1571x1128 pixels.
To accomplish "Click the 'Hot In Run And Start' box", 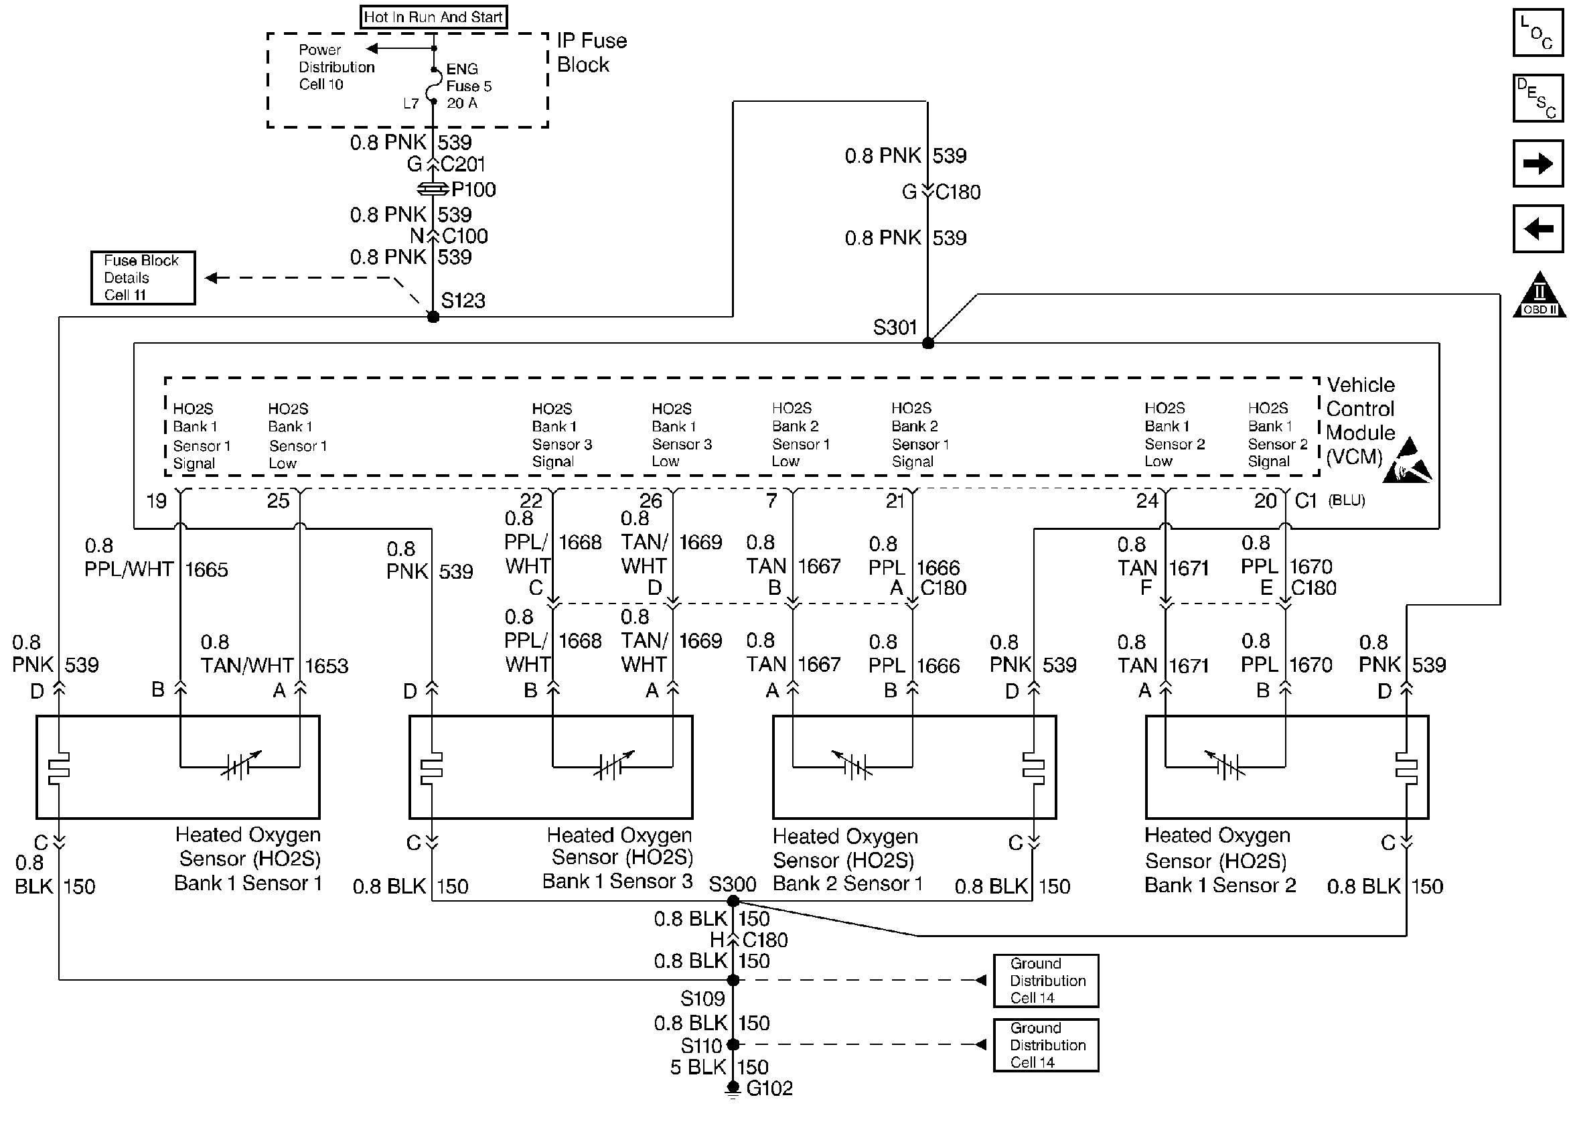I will [433, 17].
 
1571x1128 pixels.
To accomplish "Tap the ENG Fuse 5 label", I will [468, 86].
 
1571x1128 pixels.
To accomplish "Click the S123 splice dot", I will [433, 318].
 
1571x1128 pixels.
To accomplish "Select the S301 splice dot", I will [928, 343].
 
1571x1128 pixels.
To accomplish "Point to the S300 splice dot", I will [733, 902].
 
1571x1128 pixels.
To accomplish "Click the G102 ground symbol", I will [733, 1090].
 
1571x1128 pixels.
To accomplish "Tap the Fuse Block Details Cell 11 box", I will [143, 278].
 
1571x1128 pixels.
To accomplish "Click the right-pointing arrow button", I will [1538, 163].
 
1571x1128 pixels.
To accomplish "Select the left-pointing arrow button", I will [1538, 228].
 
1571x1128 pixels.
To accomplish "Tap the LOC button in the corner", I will [1538, 33].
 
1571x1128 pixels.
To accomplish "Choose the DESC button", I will [1538, 98].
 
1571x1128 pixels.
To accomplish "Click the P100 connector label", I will [473, 190].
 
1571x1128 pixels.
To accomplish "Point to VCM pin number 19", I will [157, 501].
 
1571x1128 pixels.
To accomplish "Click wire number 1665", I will [206, 569].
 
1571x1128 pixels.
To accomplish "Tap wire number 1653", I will [326, 666].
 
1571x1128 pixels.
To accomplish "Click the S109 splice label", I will [702, 999].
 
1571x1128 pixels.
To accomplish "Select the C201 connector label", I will [463, 165].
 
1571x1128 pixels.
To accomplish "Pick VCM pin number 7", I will [771, 501].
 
